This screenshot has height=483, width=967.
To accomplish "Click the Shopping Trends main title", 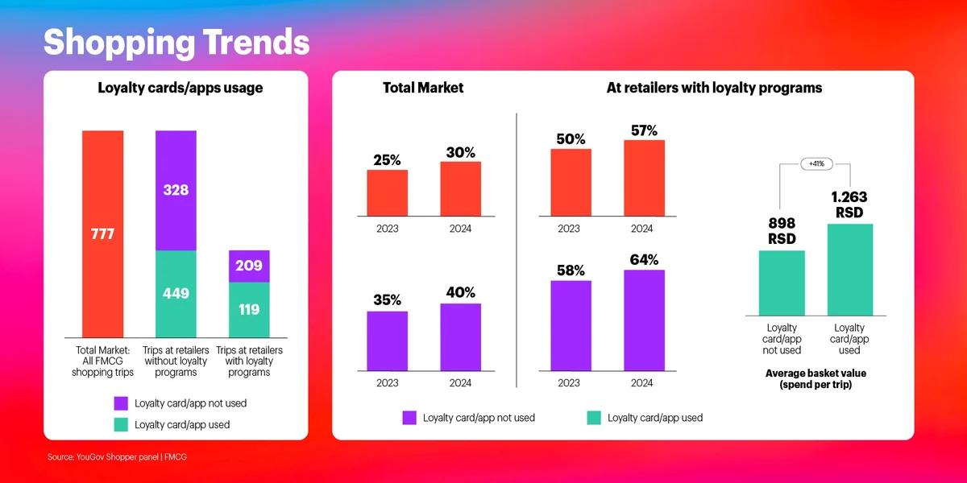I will [176, 42].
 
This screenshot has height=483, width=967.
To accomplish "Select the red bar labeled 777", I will [102, 233].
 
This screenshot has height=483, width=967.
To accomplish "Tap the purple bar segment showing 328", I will [176, 190].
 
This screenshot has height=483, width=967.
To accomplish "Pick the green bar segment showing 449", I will [176, 294].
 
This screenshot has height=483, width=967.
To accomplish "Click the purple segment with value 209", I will [249, 266].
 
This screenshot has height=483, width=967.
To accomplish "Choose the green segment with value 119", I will [249, 309].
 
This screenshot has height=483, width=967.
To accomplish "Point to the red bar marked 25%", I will [387, 193].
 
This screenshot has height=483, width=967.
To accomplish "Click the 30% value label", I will [460, 152].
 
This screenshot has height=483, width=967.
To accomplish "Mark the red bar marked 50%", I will [571, 183].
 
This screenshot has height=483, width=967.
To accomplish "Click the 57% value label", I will [644, 130].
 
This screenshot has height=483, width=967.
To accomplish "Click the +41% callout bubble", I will [816, 164].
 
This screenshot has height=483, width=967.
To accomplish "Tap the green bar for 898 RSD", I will [782, 283].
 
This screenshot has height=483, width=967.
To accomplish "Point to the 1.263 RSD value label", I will [849, 204].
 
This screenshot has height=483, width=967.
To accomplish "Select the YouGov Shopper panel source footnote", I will [117, 457].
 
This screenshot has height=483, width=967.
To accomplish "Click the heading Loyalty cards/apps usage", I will [180, 88].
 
